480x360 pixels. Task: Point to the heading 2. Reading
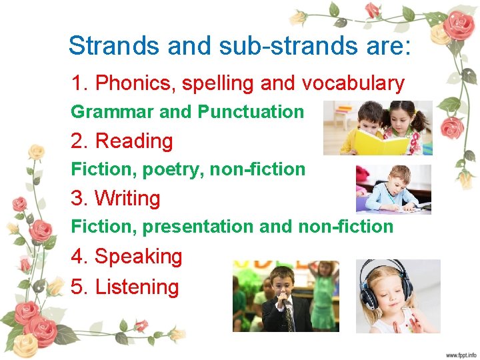coord(122,141)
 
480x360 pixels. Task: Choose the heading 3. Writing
coord(116,199)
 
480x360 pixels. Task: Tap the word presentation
coord(197,227)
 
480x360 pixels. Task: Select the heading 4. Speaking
coord(127,257)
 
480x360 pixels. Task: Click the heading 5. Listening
coord(125,287)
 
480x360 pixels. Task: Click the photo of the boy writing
coord(393,189)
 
